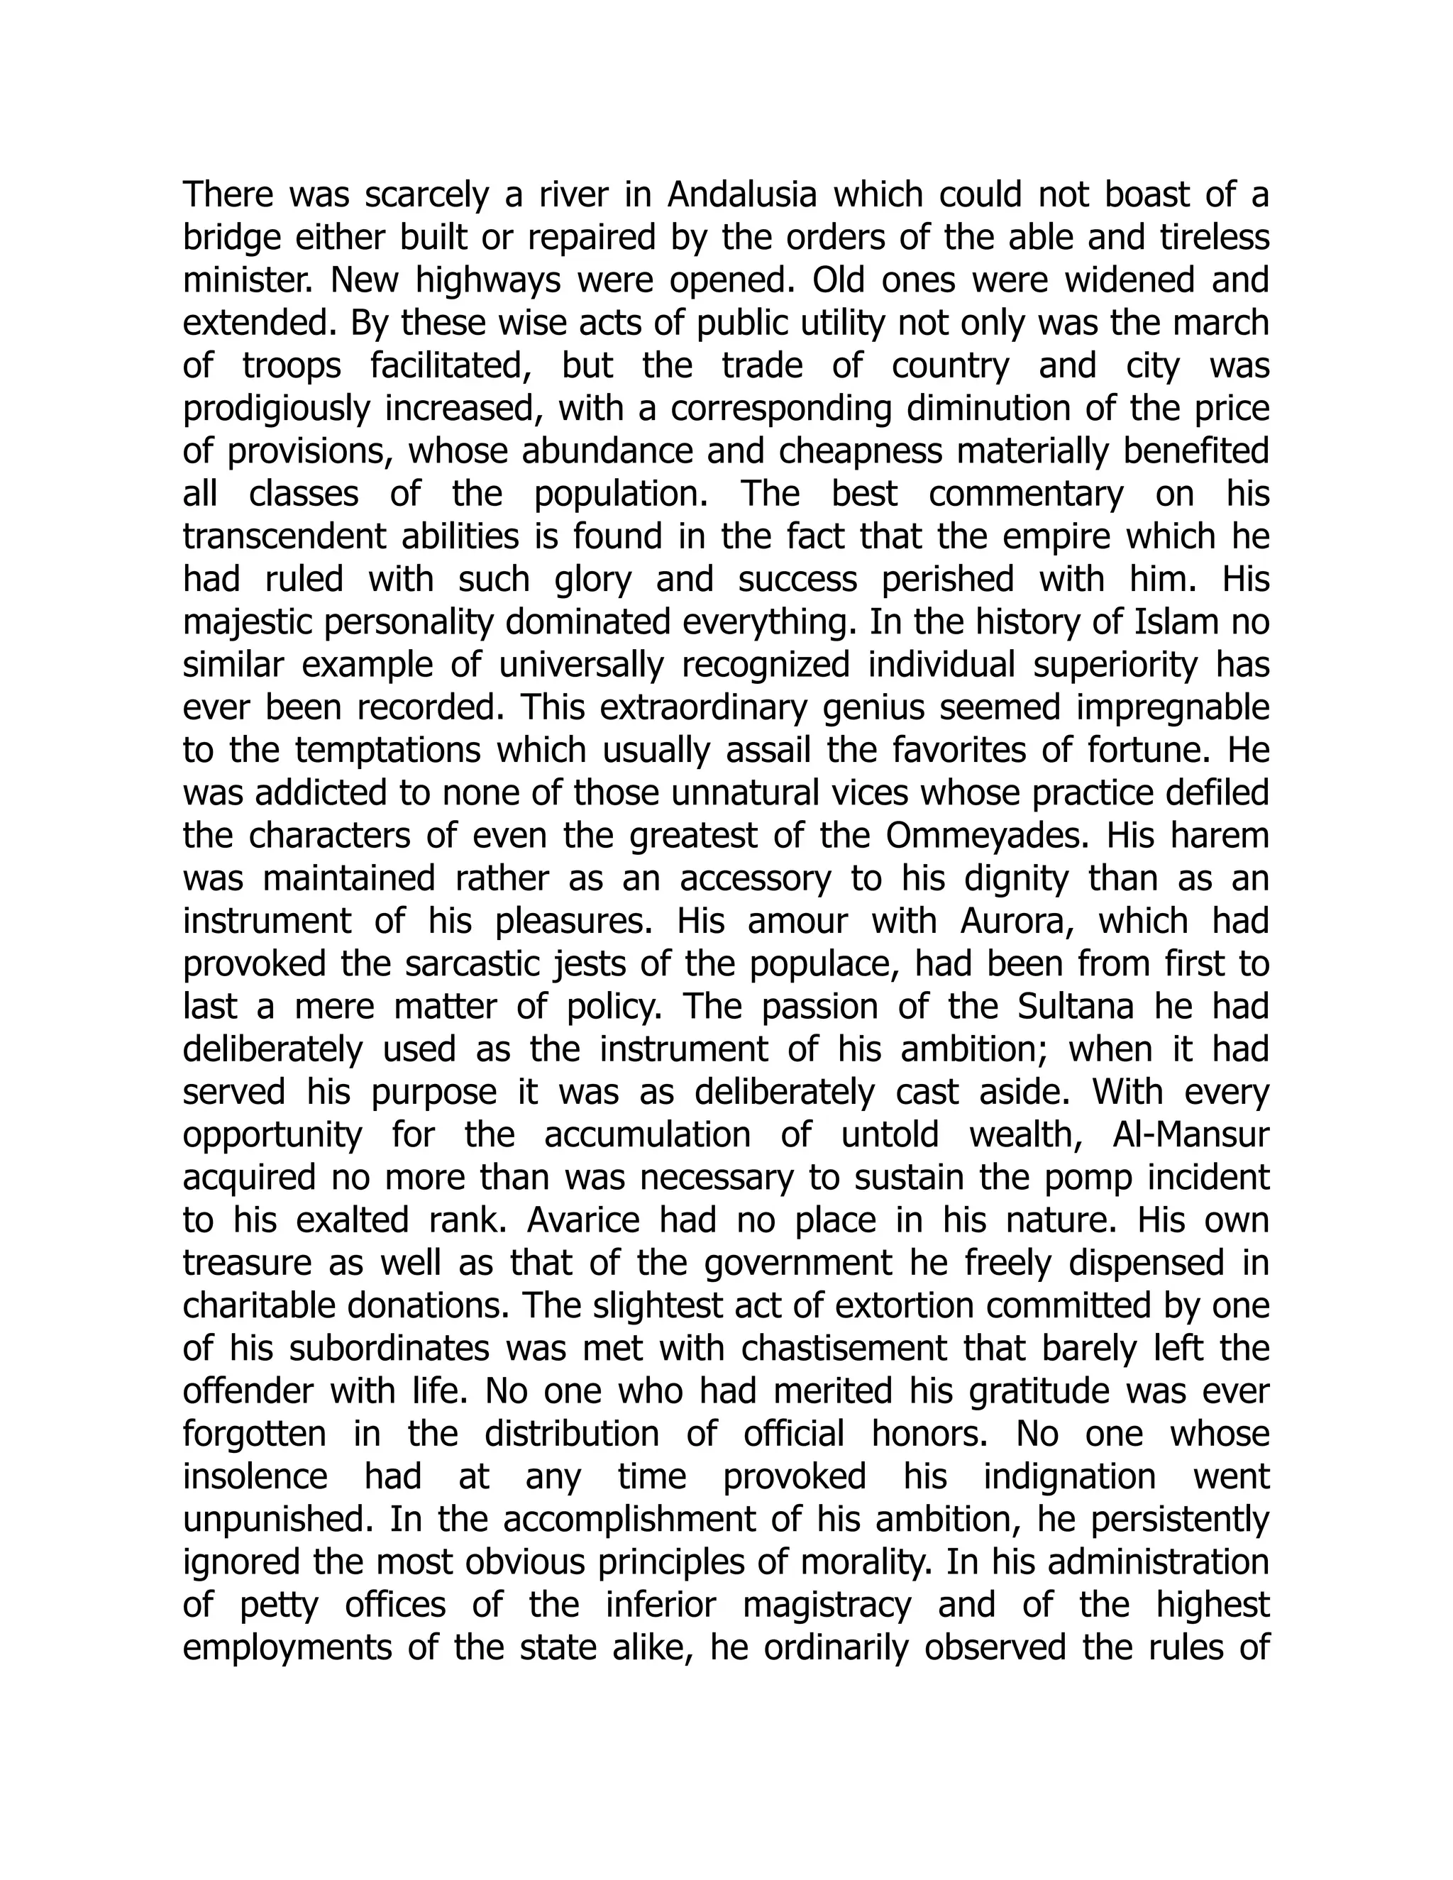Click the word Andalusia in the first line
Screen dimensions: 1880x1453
pos(741,195)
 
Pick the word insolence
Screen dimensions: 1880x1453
pos(255,1477)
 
